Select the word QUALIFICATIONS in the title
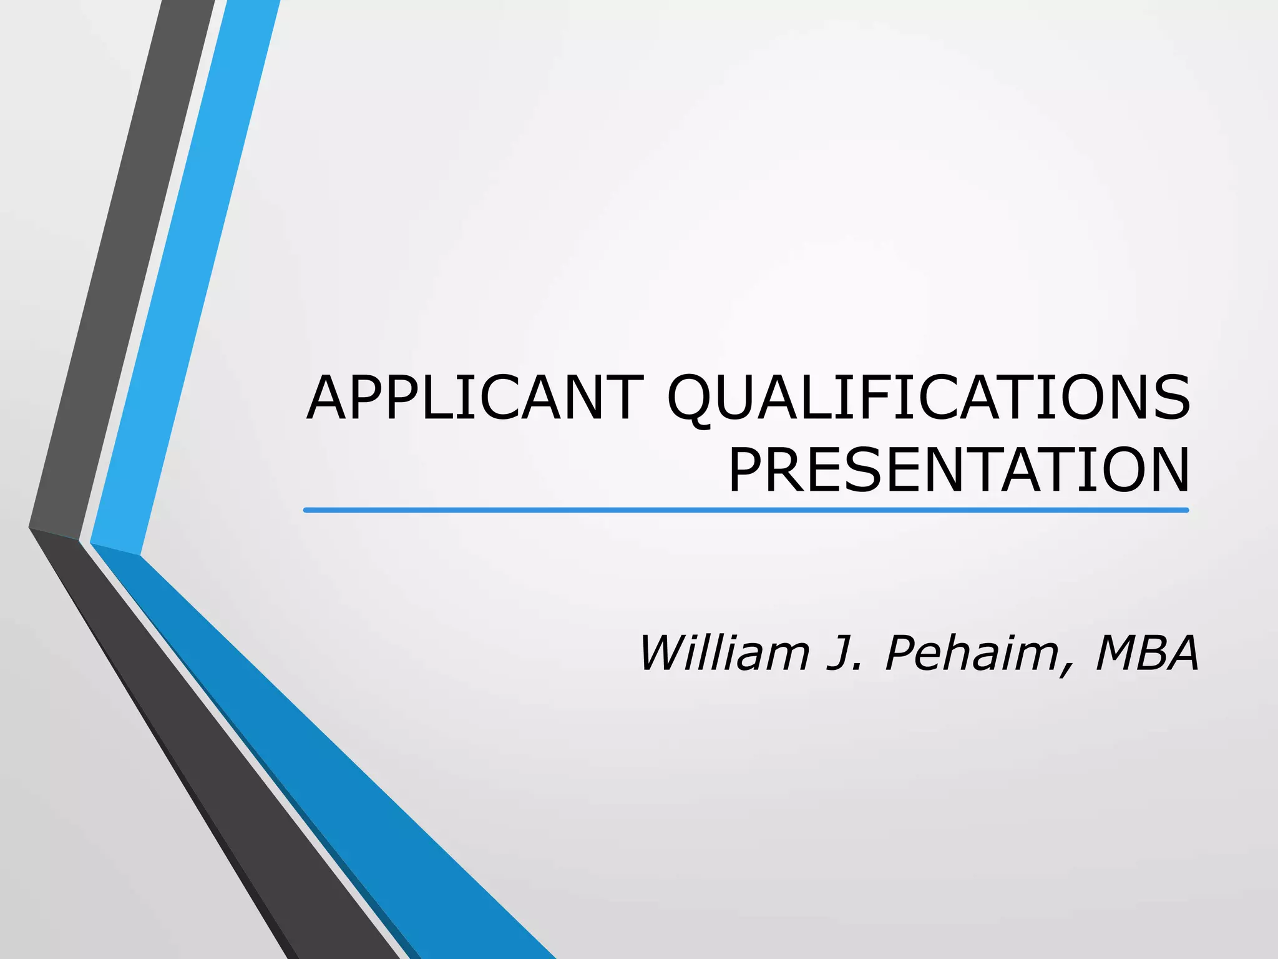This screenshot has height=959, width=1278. [x=928, y=398]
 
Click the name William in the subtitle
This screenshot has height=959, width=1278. [x=724, y=653]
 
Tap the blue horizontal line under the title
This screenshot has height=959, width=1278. [x=746, y=510]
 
